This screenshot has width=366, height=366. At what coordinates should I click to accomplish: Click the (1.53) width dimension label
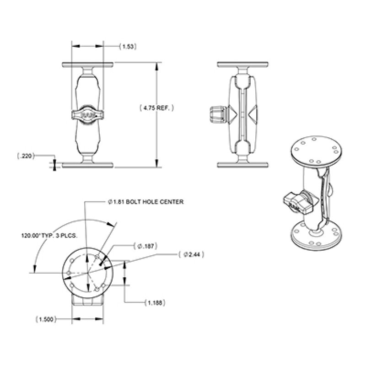128,46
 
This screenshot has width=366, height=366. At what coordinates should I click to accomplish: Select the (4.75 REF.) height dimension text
157,108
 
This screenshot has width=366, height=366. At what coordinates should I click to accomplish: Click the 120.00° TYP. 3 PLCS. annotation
49,237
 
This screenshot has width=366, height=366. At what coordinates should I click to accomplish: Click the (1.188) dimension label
154,302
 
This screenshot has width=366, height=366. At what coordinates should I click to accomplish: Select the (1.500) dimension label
46,319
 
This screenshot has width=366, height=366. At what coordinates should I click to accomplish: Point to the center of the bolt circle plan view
87,273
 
